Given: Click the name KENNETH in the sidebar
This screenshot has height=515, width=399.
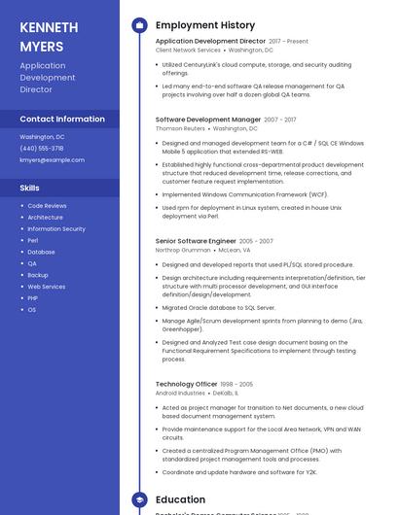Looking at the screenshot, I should click(49, 28).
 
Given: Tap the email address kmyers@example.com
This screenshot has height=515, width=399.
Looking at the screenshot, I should click(53, 159).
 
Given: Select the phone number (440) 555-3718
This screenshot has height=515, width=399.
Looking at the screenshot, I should click(42, 149).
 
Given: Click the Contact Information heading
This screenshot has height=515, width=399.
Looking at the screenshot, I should click(62, 119).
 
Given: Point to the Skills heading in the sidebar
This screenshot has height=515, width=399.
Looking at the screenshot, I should click(30, 188).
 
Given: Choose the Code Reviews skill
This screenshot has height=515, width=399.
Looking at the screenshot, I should click(47, 206).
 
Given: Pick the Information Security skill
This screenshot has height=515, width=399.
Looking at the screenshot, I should click(56, 229).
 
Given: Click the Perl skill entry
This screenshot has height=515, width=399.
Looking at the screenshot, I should click(33, 241).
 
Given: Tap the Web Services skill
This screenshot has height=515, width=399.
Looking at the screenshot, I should click(47, 287).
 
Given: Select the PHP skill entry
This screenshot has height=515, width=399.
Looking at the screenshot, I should click(33, 298).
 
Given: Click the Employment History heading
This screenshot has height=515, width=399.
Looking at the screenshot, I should click(205, 25).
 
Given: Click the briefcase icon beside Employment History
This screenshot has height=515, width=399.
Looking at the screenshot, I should click(139, 25).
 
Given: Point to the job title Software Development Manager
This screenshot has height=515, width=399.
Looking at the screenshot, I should click(208, 120).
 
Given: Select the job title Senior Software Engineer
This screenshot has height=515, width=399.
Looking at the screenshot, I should click(196, 241).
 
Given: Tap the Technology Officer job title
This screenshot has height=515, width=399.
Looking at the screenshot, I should click(186, 384).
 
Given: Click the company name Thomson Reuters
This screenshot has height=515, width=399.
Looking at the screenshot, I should click(180, 128).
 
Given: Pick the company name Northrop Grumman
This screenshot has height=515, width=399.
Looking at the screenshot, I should click(183, 250).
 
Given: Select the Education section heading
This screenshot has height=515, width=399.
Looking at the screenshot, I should click(180, 499).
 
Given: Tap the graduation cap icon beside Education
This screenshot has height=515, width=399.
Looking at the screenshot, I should click(139, 499).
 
